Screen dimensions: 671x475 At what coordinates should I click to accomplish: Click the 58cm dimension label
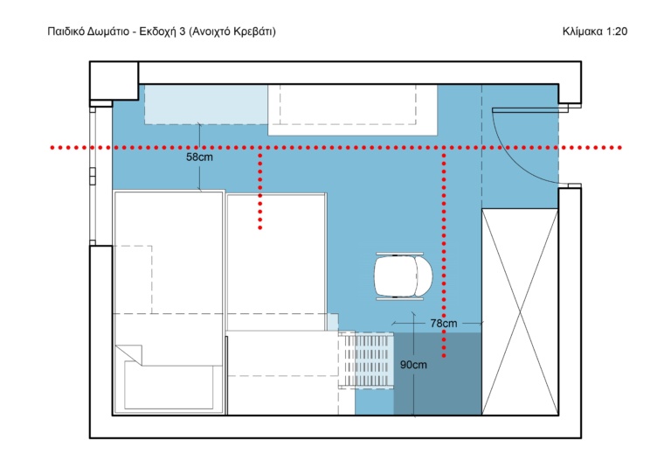click(199, 157)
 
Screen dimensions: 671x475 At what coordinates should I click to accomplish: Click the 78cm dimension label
click(443, 324)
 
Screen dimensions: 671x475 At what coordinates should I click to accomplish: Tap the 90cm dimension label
click(413, 365)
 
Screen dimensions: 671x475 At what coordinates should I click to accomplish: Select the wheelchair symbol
click(403, 276)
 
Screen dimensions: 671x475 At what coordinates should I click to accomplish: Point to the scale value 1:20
click(616, 31)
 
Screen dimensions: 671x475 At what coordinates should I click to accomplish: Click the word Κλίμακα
click(582, 31)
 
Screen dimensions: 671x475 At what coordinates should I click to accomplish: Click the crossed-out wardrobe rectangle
click(520, 311)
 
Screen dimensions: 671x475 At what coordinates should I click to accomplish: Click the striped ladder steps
click(366, 360)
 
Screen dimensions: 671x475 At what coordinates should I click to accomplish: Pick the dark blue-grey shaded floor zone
click(438, 374)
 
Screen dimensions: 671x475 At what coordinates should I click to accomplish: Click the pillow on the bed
click(169, 385)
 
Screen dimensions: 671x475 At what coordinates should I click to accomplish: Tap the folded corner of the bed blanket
click(129, 354)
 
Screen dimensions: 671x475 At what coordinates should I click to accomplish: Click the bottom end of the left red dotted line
click(259, 227)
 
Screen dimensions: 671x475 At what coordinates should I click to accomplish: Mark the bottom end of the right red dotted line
click(444, 356)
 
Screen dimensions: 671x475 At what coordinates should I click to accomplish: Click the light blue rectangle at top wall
click(206, 104)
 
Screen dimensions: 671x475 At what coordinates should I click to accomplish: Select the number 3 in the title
click(183, 31)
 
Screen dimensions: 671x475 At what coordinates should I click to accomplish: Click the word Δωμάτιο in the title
click(108, 31)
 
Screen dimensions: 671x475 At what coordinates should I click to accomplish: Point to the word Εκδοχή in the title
click(158, 31)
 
